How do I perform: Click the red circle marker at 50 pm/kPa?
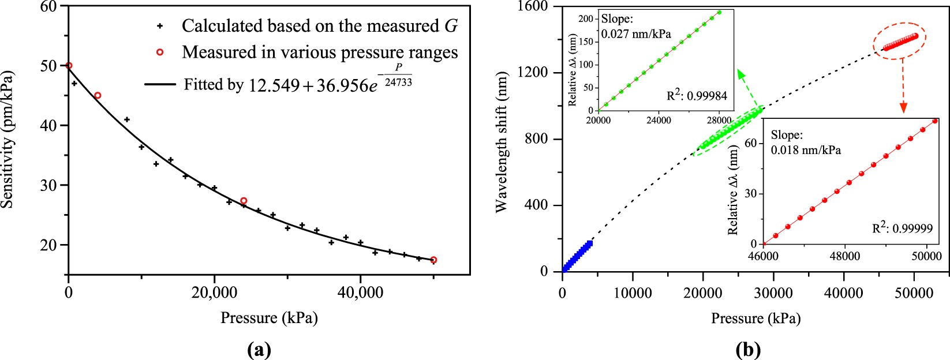click(x=69, y=66)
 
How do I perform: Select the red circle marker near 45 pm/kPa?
click(x=98, y=95)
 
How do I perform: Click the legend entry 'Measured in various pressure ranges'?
click(x=319, y=52)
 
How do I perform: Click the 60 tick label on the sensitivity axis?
click(x=48, y=6)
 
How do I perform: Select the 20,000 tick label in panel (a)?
click(x=215, y=293)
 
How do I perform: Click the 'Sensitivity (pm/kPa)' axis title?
click(x=8, y=140)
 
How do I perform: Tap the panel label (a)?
click(x=258, y=349)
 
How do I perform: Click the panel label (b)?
click(x=749, y=349)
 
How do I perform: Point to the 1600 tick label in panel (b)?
click(x=533, y=6)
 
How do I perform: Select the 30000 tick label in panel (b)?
click(x=773, y=293)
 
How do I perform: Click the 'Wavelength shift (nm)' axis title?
click(x=501, y=142)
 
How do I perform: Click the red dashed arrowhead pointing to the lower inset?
click(x=903, y=108)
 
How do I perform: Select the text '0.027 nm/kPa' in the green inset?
click(x=636, y=34)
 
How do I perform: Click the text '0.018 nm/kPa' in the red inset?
click(x=806, y=150)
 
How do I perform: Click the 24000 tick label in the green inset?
click(x=658, y=121)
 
